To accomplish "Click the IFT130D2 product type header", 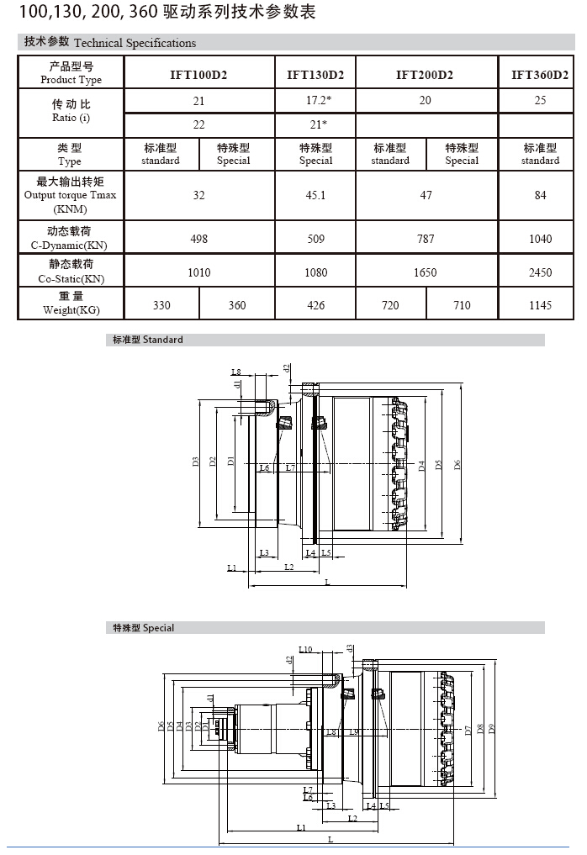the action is tap(315, 74).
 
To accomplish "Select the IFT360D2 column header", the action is tap(539, 74).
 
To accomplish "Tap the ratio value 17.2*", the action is tap(315, 100).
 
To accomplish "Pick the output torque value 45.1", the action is tap(315, 195).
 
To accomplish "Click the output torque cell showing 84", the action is tap(539, 195).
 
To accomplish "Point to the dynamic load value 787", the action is tap(426, 239).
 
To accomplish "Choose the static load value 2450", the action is tap(539, 272).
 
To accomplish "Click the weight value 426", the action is tap(315, 305).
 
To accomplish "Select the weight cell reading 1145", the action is tap(539, 305).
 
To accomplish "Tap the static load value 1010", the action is tap(198, 272).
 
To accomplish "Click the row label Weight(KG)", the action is tap(71, 310).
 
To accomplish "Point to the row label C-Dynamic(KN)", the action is tap(71, 245).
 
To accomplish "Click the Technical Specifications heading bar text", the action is tap(135, 43).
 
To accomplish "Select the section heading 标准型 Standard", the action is tap(148, 340).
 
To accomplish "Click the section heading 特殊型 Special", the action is tap(144, 628).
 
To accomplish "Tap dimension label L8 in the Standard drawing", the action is tap(236, 372).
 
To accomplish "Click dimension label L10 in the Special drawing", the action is tap(305, 649).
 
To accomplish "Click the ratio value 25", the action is tap(539, 100).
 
